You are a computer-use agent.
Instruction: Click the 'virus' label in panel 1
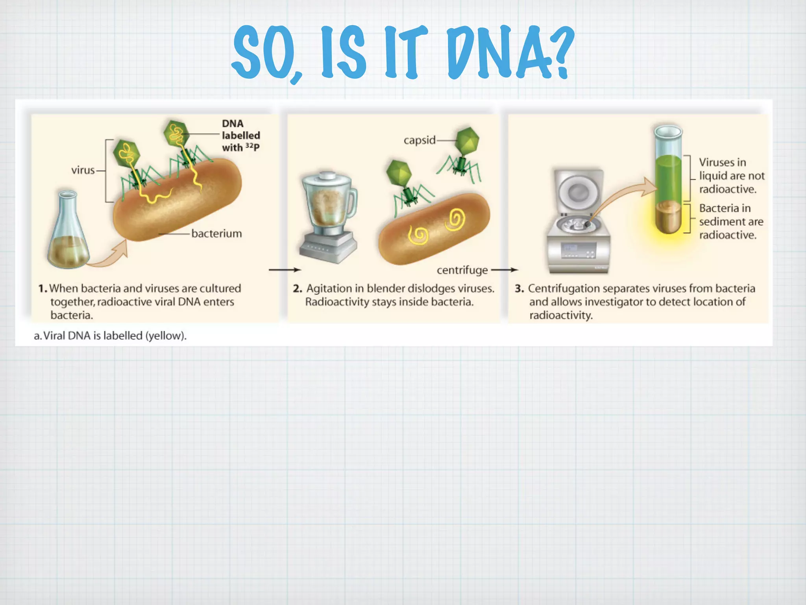click(83, 170)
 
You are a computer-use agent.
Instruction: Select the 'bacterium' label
click(216, 234)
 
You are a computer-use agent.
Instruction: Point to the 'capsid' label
click(420, 140)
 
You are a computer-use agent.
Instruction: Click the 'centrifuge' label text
click(462, 270)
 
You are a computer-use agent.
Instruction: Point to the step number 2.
click(297, 289)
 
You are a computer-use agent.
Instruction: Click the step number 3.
click(519, 289)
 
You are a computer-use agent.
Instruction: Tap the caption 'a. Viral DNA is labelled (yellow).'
click(110, 336)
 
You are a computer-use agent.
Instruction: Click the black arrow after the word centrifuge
click(505, 270)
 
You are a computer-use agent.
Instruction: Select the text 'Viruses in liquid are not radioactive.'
click(731, 176)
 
